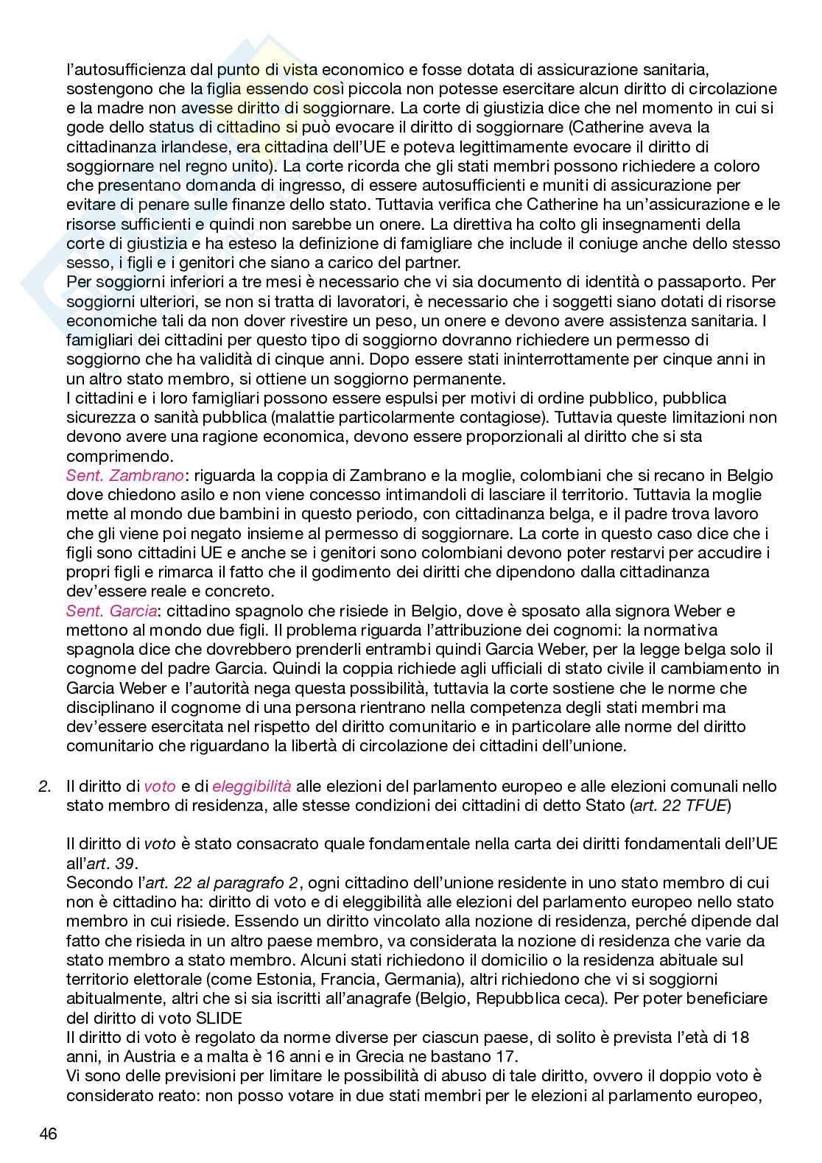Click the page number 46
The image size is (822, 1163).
point(48,1133)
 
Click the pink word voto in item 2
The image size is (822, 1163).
point(160,786)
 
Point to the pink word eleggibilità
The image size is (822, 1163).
point(252,786)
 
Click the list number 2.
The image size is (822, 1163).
point(43,786)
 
